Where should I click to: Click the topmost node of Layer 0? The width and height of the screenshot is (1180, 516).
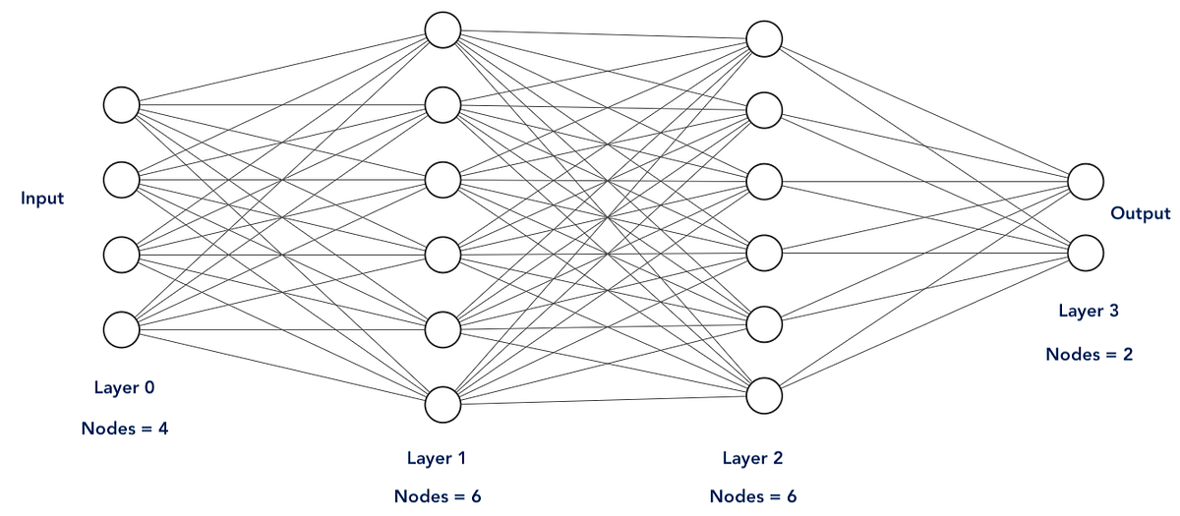122,104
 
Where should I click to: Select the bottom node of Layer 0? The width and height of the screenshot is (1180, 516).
122,329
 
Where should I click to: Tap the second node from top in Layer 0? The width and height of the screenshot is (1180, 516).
122,179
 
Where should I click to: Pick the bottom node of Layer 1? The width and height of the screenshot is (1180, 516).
442,403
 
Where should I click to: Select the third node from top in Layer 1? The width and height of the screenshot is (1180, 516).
442,179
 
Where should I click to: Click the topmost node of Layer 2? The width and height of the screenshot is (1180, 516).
764,38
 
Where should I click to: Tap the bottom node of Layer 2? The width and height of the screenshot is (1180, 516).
764,394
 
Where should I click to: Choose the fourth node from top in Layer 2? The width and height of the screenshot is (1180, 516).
764,253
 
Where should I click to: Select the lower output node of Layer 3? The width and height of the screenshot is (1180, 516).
1086,252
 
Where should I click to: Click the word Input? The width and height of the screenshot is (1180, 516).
42,199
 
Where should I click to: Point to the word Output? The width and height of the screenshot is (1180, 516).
1140,213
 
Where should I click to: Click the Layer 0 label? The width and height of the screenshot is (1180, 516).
124,387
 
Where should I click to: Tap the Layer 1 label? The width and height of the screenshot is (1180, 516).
438,457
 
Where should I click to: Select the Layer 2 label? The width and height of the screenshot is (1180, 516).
753,457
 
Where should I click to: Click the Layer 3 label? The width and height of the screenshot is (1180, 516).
1089,311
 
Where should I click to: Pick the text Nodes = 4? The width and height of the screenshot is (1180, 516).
124,428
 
